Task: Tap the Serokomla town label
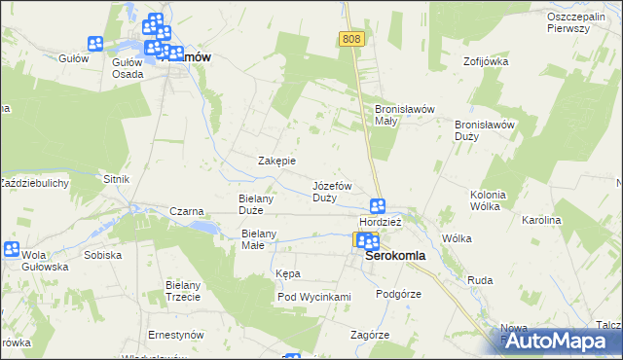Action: pos(395,257)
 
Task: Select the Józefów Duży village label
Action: pos(331,191)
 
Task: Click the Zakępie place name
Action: pos(275,161)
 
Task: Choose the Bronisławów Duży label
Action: pos(484,130)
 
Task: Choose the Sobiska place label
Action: pos(102,255)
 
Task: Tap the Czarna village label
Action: pos(186,211)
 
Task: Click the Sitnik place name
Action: pos(116,180)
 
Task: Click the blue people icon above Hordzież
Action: pos(378,206)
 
